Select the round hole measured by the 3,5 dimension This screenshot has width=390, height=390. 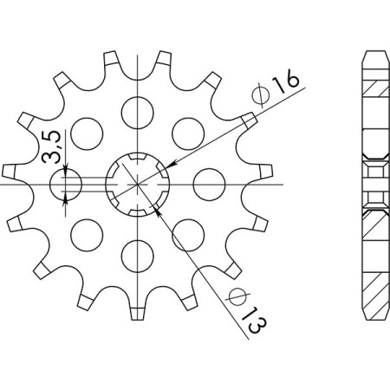[67, 185]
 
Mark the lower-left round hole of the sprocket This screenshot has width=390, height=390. [85, 234]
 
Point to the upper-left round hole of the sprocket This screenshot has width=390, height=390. [85, 133]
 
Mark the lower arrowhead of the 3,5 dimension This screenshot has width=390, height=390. [67, 201]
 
